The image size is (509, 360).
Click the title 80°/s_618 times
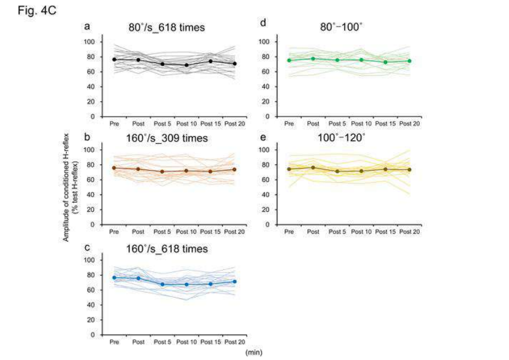[158, 27]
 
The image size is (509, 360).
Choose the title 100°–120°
[343, 137]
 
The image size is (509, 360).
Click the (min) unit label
[253, 351]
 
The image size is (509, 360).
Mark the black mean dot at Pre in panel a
[114, 59]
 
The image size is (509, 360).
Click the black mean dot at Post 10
[186, 65]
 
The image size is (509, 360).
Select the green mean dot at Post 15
[385, 62]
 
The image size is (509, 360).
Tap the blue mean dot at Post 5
[162, 284]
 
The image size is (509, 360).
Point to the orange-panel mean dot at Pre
[114, 168]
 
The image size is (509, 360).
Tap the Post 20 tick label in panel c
[234, 342]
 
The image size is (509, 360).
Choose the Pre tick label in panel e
[289, 232]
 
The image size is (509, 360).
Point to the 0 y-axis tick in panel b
[93, 225]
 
